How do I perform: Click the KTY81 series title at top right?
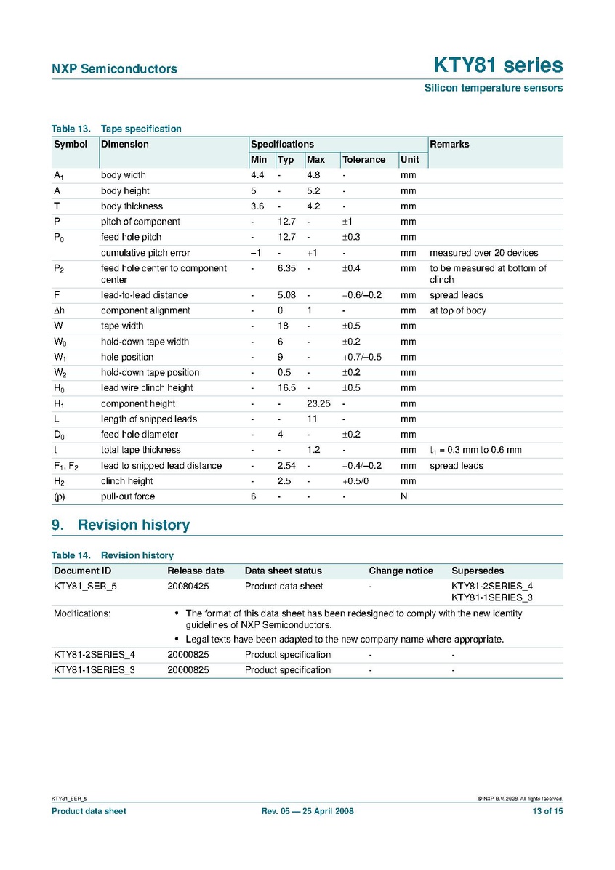pyautogui.click(x=498, y=65)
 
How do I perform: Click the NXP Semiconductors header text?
pyautogui.click(x=114, y=69)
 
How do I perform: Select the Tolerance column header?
pyautogui.click(x=363, y=160)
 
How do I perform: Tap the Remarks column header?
pyautogui.click(x=449, y=144)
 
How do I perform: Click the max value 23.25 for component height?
pyautogui.click(x=318, y=403)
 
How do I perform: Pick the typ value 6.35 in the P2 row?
pyautogui.click(x=286, y=268)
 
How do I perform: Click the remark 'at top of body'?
pyautogui.click(x=458, y=310)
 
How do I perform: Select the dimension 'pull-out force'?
pyautogui.click(x=128, y=496)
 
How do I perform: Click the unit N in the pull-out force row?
pyautogui.click(x=403, y=496)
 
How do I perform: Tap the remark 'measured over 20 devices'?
pyautogui.click(x=483, y=253)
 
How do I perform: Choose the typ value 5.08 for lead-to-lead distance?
pyautogui.click(x=286, y=295)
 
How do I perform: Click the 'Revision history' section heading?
pyautogui.click(x=133, y=525)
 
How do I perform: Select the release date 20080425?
pyautogui.click(x=188, y=586)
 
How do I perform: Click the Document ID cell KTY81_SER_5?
pyautogui.click(x=85, y=586)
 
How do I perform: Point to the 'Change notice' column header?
pyautogui.click(x=401, y=571)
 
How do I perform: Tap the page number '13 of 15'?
pyautogui.click(x=547, y=811)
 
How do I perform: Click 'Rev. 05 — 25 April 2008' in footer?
pyautogui.click(x=307, y=811)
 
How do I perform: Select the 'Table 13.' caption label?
pyautogui.click(x=70, y=129)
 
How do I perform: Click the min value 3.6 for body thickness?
pyautogui.click(x=257, y=206)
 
